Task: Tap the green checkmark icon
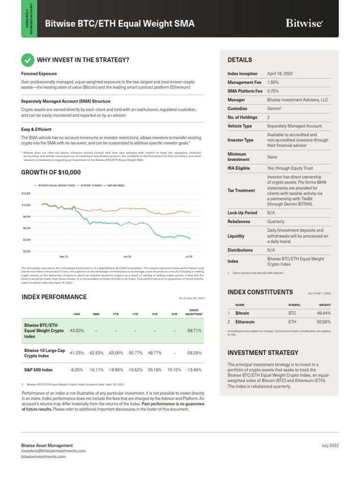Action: coord(28,60)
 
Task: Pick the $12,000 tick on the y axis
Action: coord(26,193)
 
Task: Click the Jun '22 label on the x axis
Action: coord(127,257)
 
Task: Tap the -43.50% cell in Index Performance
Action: coord(76,330)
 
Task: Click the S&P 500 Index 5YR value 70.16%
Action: coord(173,370)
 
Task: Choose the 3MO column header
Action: coord(96,313)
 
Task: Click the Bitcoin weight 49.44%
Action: coord(323,313)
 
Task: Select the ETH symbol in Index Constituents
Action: coord(292,322)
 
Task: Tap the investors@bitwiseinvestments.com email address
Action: coord(53,450)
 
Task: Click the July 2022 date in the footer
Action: coord(330,445)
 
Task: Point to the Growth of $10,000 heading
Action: coord(51,172)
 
